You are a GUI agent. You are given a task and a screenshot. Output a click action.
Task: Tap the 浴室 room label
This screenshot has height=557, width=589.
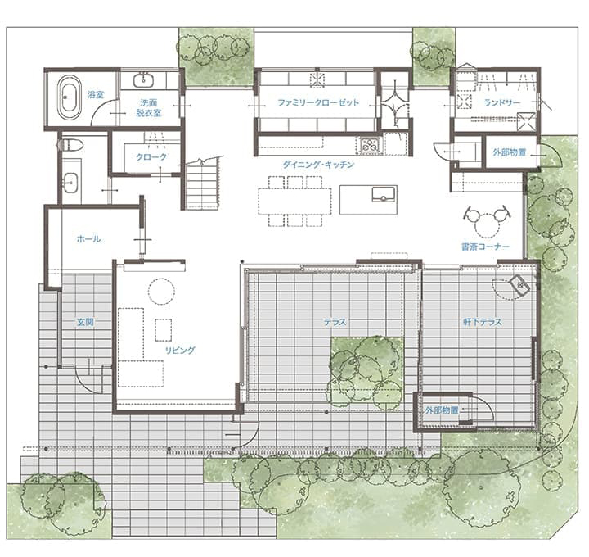click(x=96, y=94)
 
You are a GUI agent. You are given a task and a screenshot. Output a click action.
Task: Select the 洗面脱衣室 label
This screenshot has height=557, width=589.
click(x=149, y=107)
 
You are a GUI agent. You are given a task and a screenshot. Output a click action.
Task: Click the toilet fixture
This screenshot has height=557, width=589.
click(x=71, y=144)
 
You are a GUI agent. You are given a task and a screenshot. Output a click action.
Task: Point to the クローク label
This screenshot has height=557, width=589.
click(x=151, y=156)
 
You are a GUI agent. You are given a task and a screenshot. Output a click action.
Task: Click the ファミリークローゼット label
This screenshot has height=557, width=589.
click(x=318, y=102)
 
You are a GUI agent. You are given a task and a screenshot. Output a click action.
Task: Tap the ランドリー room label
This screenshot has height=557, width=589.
click(x=502, y=102)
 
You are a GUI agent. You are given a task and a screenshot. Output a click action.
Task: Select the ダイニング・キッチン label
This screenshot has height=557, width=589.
click(x=318, y=165)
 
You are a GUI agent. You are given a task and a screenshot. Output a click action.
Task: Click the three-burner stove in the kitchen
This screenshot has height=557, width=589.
click(x=371, y=145)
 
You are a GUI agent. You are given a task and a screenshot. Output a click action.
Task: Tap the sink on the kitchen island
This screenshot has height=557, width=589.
click(x=383, y=194)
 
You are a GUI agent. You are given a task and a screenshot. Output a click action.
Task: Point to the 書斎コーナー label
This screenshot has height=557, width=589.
click(x=485, y=247)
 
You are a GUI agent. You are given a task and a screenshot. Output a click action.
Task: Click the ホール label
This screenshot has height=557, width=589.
click(x=88, y=239)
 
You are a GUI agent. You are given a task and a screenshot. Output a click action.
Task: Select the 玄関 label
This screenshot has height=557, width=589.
click(x=85, y=322)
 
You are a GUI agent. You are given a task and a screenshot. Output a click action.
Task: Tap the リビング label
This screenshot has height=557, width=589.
click(x=180, y=350)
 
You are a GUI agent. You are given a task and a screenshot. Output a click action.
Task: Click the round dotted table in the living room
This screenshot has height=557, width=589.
click(x=161, y=291)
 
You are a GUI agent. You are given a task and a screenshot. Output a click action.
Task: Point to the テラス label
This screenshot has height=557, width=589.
click(x=335, y=322)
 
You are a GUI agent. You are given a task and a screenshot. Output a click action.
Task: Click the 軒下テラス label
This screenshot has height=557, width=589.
click(x=483, y=322)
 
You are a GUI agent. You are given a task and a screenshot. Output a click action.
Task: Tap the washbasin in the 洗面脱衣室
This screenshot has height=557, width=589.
click(x=143, y=81)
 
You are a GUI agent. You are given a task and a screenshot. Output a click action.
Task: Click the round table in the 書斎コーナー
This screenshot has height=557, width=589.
click(x=488, y=226)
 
